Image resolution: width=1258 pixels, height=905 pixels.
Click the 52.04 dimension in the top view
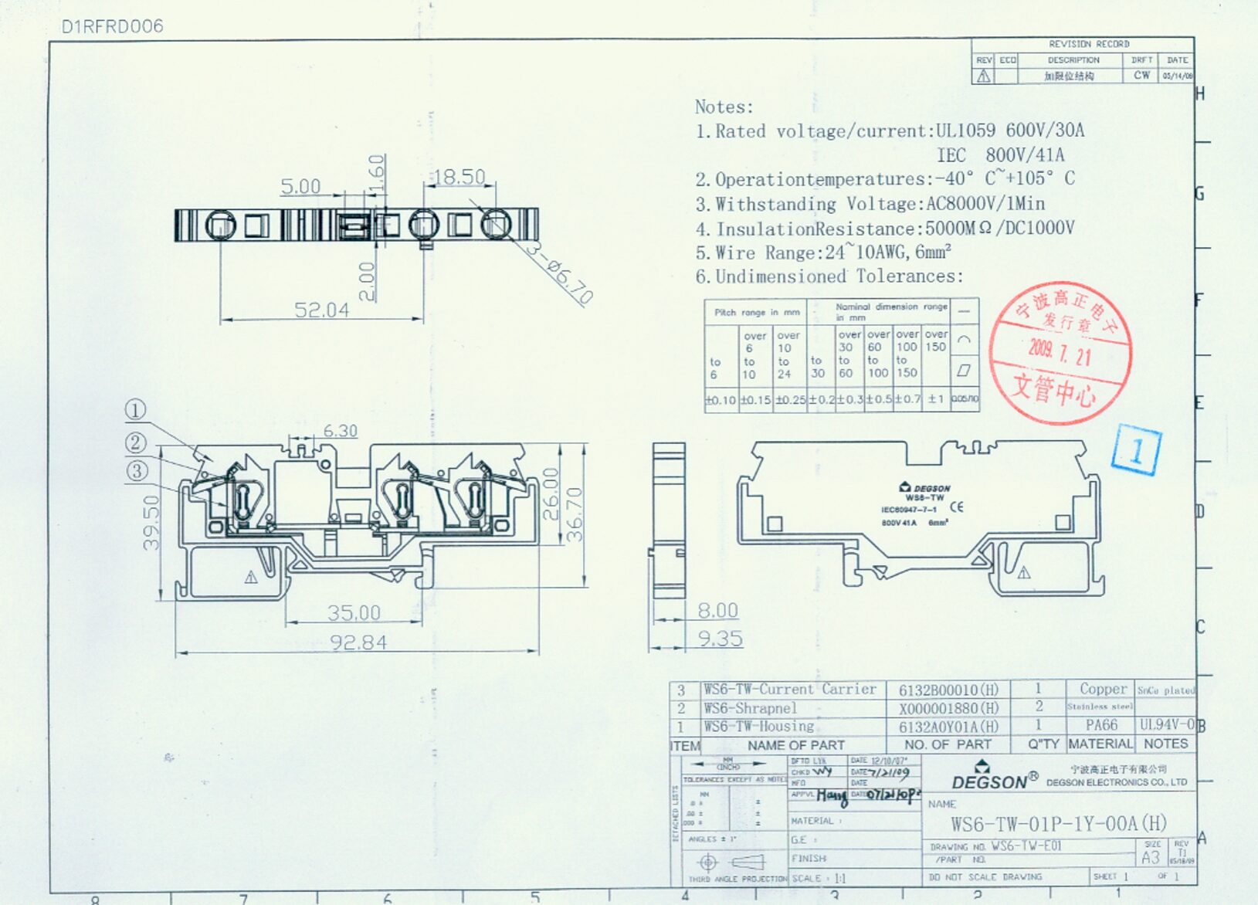321,310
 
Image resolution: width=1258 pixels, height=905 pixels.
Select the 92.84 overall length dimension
358,642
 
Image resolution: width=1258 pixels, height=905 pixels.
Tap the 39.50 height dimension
151,522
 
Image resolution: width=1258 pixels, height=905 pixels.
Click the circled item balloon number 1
135,410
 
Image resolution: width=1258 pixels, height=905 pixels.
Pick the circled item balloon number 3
137,470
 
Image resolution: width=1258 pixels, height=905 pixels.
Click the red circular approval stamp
1060,353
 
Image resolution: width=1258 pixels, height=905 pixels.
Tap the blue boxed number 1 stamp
1136,449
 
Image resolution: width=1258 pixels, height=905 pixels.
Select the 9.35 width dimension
719,638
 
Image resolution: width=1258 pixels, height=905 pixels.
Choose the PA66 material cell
1100,725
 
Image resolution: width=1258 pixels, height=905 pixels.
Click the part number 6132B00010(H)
948,690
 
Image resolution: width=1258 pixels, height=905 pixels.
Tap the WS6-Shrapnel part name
750,708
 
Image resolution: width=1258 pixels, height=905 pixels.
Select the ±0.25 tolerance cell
790,400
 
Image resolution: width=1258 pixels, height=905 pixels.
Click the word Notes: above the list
723,107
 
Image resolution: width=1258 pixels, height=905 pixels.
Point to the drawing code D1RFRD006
112,26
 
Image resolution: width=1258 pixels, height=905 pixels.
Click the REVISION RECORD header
1088,44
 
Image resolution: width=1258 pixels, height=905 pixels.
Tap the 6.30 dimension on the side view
340,431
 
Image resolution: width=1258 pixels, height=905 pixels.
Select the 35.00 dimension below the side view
353,612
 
